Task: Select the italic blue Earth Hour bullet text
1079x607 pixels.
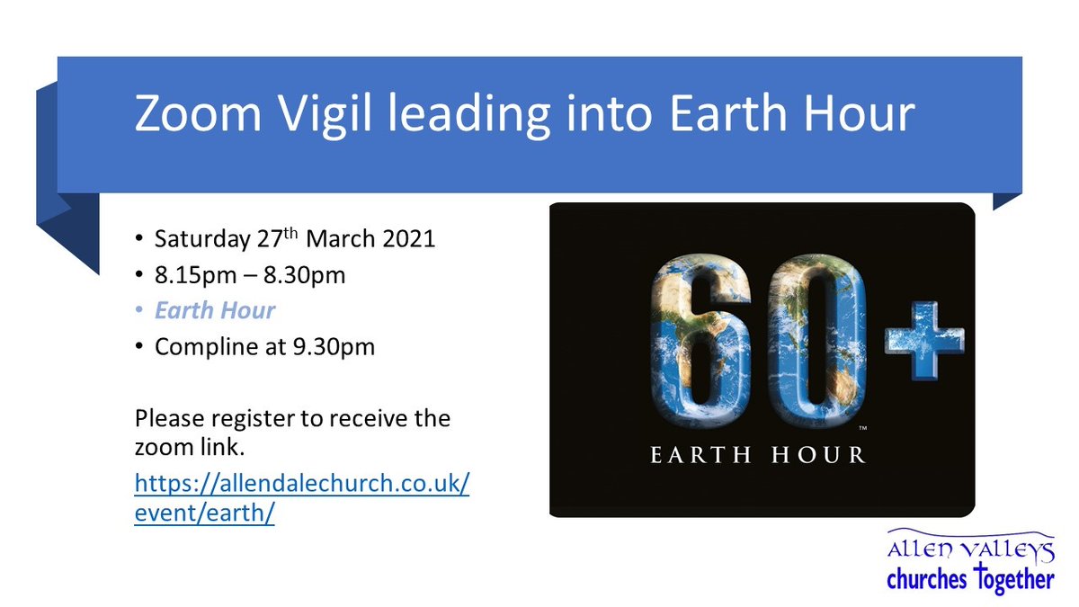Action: point(215,311)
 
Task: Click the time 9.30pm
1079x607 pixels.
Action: point(336,346)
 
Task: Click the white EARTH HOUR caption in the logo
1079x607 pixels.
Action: point(758,454)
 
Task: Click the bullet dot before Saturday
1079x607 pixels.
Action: point(138,242)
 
